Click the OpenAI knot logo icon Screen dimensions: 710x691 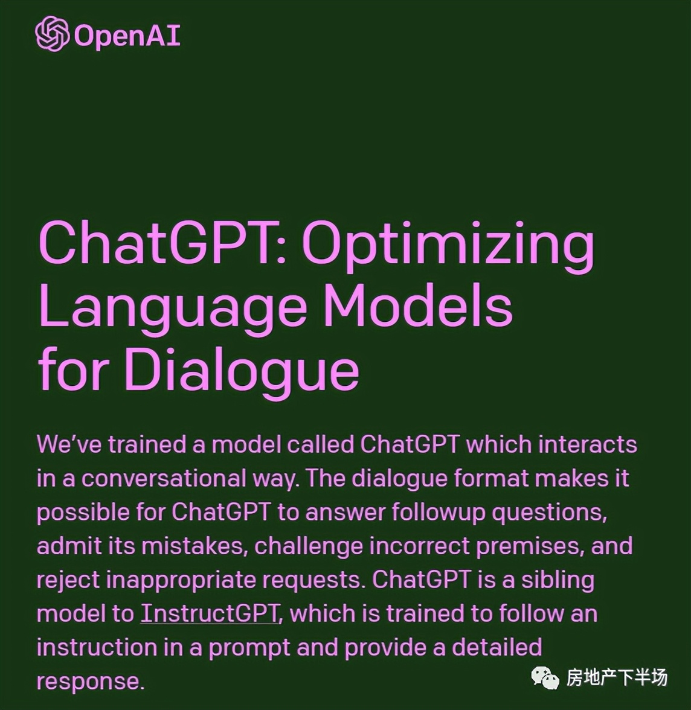[53, 34]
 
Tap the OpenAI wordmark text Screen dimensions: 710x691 [127, 35]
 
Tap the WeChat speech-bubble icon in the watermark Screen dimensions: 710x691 [545, 677]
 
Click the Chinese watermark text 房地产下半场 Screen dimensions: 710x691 [617, 677]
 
